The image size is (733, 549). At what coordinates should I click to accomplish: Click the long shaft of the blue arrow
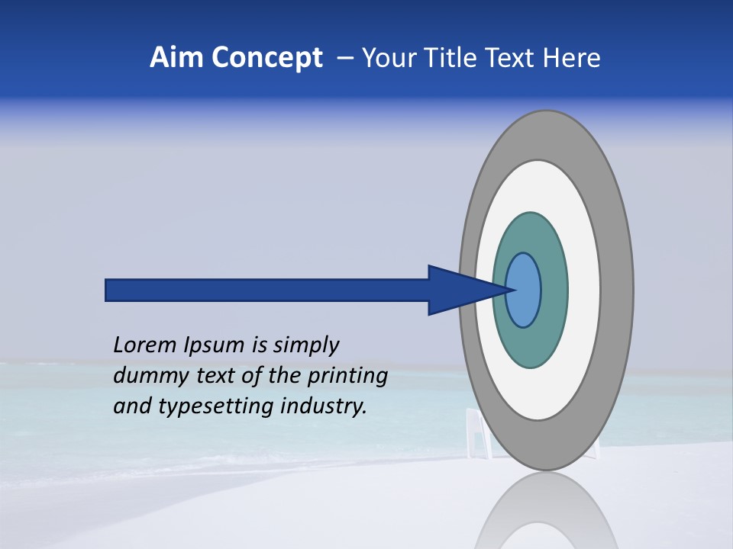pos(267,290)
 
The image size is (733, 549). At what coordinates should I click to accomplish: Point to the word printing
pos(347,377)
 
